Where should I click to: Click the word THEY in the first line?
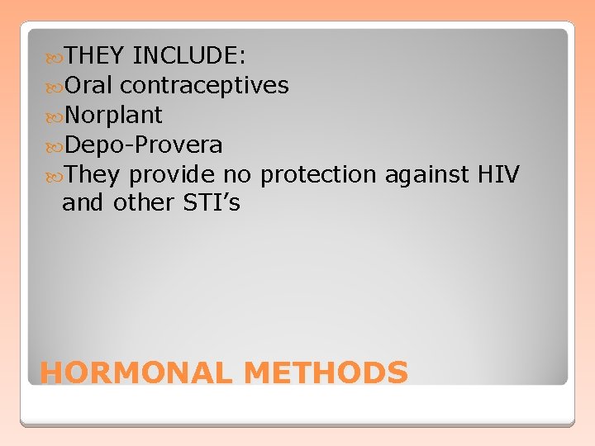[x=94, y=55]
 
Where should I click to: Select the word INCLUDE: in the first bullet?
[x=188, y=55]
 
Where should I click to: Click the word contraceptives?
[x=203, y=85]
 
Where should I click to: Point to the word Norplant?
[x=113, y=115]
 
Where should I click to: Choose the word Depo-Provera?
[x=143, y=145]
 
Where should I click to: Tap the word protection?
[x=317, y=174]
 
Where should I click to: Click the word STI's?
[x=212, y=203]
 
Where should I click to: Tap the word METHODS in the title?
[x=326, y=372]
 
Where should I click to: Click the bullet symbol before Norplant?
[x=57, y=116]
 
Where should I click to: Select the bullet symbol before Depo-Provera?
[x=57, y=145]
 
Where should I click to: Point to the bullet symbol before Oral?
[x=57, y=86]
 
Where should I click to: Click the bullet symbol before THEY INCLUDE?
[x=57, y=56]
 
